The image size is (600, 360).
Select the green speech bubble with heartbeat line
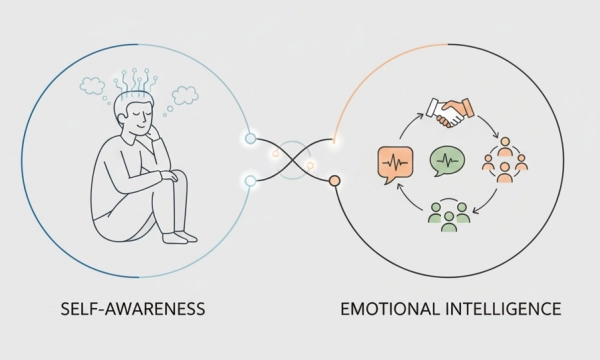[x=447, y=160]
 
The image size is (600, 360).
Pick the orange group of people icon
[x=504, y=160]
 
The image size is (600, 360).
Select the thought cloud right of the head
[x=184, y=95]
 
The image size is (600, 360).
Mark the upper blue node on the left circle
[x=250, y=138]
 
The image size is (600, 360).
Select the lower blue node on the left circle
[x=250, y=180]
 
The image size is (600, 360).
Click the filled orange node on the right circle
[x=335, y=181]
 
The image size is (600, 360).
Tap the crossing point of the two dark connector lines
[x=292, y=159]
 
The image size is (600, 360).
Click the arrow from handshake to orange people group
[x=489, y=127]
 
